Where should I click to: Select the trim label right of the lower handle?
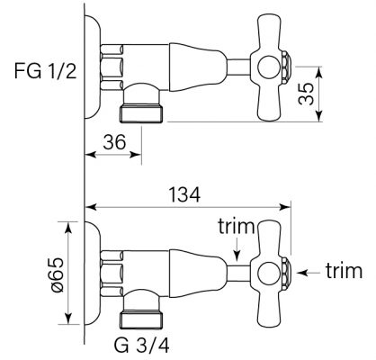[343, 270]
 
